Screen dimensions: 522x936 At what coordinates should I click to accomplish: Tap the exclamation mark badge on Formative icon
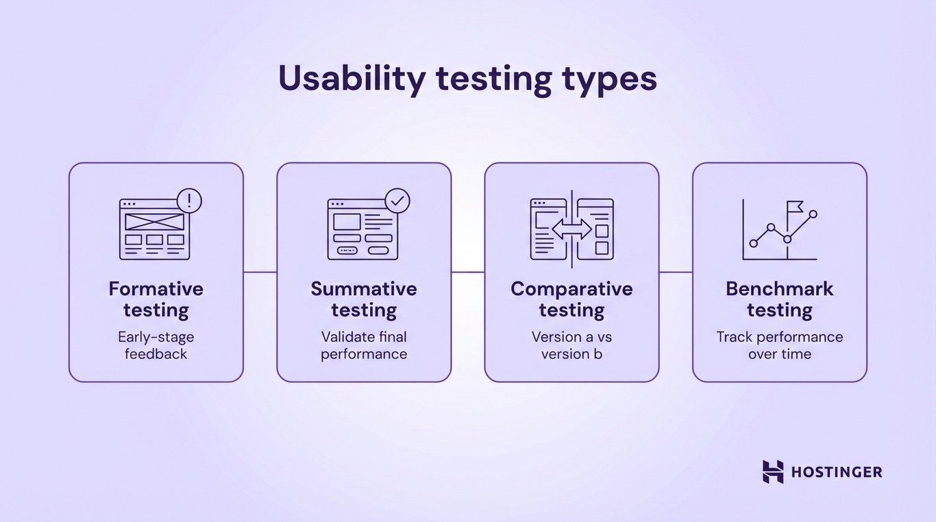click(x=189, y=201)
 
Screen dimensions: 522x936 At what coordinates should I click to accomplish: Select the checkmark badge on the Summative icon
click(x=397, y=201)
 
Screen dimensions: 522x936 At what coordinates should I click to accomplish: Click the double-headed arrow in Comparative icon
click(x=571, y=229)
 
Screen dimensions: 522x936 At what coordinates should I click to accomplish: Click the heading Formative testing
click(x=156, y=299)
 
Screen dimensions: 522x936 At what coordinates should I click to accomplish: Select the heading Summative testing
click(x=364, y=299)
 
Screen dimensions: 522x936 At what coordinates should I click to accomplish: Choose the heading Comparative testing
click(x=571, y=299)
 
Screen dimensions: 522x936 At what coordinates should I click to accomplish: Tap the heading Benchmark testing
click(x=780, y=299)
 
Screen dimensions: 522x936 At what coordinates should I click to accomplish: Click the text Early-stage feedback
click(x=156, y=345)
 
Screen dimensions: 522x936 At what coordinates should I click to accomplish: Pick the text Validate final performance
click(x=364, y=345)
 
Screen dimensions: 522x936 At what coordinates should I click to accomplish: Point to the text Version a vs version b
click(x=571, y=345)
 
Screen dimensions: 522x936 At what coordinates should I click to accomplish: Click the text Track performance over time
click(x=780, y=345)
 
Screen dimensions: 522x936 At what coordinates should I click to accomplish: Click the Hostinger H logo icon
click(x=773, y=472)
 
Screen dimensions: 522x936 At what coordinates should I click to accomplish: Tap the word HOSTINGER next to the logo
click(x=837, y=472)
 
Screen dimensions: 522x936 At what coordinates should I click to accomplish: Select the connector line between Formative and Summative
click(x=260, y=272)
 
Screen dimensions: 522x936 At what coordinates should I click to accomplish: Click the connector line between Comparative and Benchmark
click(x=676, y=272)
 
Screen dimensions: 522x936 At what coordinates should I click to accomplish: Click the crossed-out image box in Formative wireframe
click(x=155, y=221)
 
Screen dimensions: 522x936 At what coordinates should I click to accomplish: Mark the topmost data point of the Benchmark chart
click(x=813, y=214)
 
